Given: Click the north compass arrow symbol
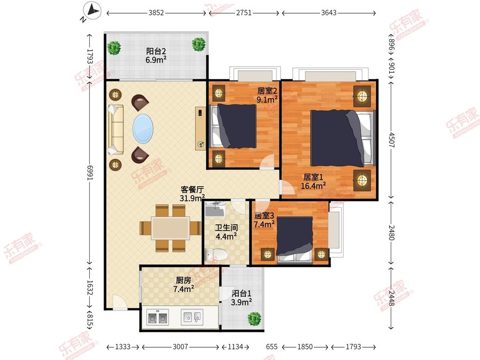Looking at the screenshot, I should tap(91, 10).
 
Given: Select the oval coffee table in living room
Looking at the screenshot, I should tap(143, 128).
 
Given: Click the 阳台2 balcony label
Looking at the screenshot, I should tap(154, 52).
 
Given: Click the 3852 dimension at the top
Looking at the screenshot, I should tap(156, 13).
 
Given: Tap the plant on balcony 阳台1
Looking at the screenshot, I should tap(255, 318).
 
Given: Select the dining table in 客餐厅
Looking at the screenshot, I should tap(171, 228).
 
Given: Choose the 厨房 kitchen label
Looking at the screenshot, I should tap(183, 280).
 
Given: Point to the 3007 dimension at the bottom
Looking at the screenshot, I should tap(180, 347).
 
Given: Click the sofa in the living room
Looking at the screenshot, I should tap(116, 129).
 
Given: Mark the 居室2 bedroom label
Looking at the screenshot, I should tap(268, 91).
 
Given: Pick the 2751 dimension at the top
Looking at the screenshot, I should tap(244, 13).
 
